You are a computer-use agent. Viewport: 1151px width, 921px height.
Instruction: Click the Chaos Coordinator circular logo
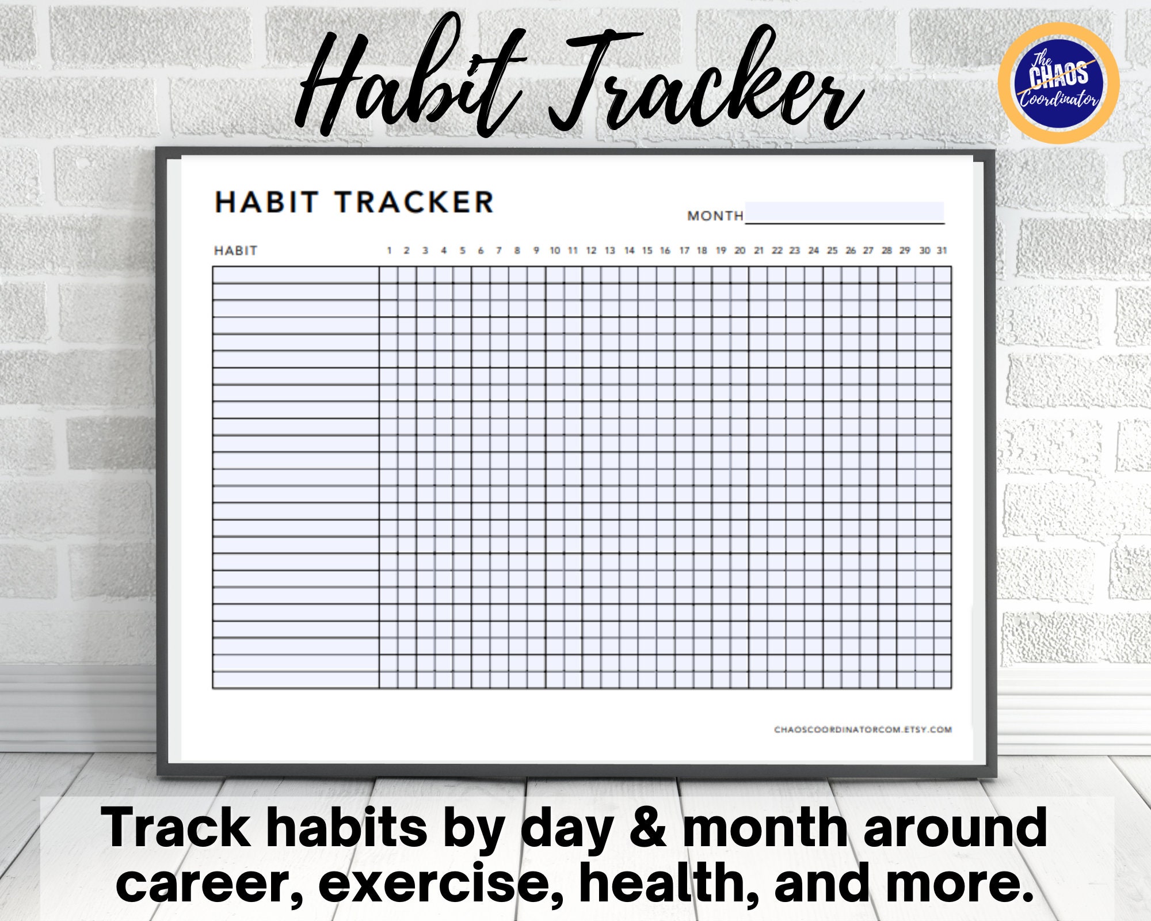tap(1058, 83)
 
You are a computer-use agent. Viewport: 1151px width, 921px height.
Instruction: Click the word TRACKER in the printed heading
tap(414, 203)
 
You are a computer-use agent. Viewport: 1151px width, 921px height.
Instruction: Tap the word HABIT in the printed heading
tap(266, 203)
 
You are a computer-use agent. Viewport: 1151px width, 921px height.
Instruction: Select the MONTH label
tap(715, 216)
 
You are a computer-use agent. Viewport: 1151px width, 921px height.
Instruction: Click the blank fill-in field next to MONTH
tap(844, 212)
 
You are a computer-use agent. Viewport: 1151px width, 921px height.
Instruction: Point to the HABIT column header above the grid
tap(235, 251)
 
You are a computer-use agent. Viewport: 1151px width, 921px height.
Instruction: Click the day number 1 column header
tap(389, 250)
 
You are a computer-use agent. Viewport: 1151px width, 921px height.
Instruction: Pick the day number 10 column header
tap(554, 250)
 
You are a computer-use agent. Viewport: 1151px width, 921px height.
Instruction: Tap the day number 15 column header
tap(647, 250)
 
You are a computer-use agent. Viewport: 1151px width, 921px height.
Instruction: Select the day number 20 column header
tap(740, 250)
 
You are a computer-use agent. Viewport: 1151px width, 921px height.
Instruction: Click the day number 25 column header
tap(832, 250)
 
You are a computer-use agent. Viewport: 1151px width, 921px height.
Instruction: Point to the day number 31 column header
tap(942, 250)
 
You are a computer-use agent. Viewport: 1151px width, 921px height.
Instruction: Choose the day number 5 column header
tap(462, 250)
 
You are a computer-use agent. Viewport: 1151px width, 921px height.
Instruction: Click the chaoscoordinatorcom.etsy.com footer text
tap(863, 729)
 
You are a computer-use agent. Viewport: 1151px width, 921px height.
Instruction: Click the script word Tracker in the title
tap(702, 81)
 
